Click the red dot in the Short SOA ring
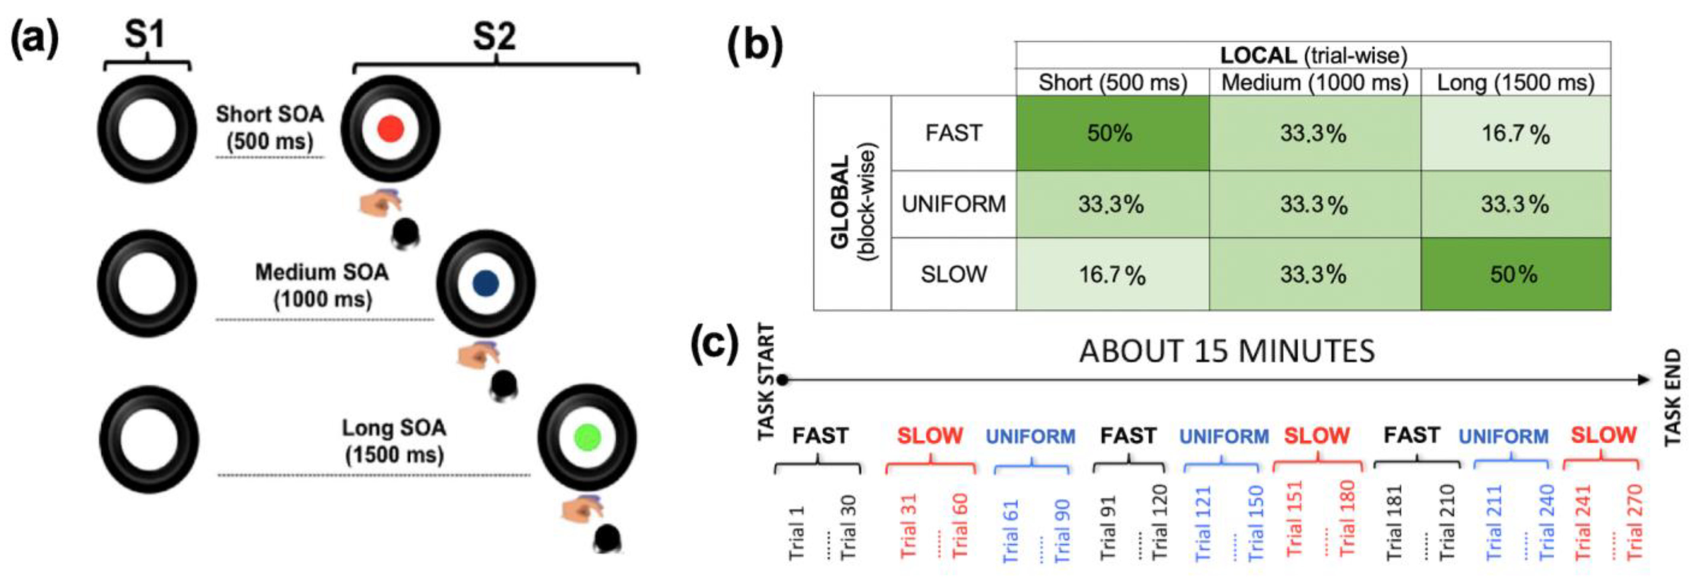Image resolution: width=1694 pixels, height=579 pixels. coord(390,129)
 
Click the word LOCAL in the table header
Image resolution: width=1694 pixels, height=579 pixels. coord(1258,55)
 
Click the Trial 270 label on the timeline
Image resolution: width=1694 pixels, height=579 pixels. coord(1635,523)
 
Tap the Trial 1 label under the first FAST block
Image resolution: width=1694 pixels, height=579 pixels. coord(796,533)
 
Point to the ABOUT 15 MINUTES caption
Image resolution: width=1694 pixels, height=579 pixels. coord(1227,351)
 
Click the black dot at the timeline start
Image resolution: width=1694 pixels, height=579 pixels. coord(782,379)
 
